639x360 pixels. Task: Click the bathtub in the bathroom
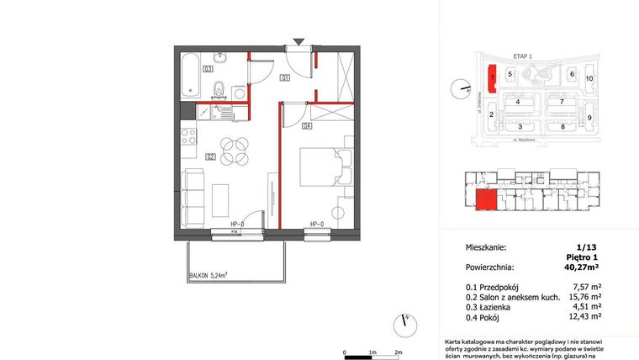coord(189,74)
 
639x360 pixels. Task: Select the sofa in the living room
coord(194,198)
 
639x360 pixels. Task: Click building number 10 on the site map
coord(589,78)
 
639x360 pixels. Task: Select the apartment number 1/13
coord(585,248)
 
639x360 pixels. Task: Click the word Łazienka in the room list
coord(501,308)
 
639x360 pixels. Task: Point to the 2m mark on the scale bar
coord(399,352)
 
